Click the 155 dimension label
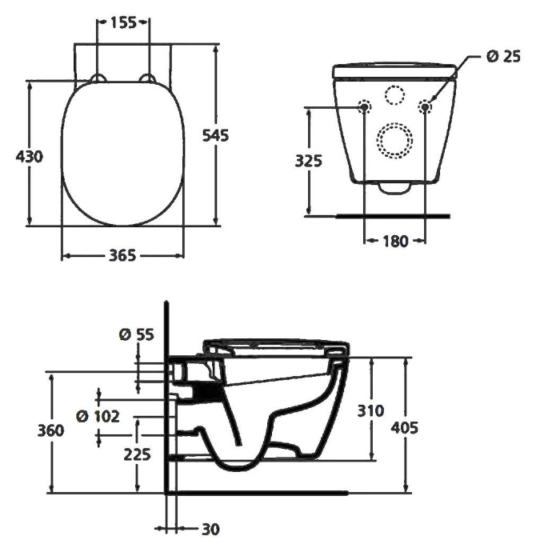[x=122, y=23]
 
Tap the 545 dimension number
[x=215, y=135]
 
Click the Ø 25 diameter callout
[x=503, y=56]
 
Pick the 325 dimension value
[x=308, y=160]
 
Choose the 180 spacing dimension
[x=394, y=240]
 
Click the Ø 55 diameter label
[x=135, y=334]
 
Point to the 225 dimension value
[x=138, y=454]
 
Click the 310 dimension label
[x=370, y=410]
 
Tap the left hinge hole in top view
[x=98, y=78]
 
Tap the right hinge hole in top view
[x=147, y=78]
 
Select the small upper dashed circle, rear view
[x=394, y=94]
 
